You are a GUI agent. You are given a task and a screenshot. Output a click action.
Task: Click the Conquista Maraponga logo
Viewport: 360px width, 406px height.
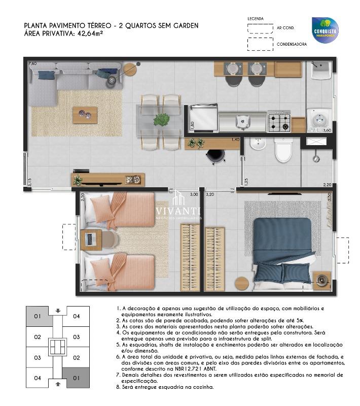point(325,30)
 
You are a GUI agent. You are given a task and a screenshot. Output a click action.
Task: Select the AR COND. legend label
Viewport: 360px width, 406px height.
point(285,28)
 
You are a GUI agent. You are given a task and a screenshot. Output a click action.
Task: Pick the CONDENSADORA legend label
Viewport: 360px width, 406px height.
point(292,45)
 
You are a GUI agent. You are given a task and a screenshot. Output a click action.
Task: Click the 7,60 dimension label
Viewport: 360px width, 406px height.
point(32,64)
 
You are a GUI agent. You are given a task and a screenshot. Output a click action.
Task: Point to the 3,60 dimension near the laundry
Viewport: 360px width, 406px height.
point(327,130)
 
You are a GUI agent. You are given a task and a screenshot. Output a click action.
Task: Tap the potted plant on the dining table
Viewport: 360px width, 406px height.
point(162,120)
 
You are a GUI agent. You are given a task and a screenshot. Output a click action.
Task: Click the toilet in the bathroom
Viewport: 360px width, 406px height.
point(283,150)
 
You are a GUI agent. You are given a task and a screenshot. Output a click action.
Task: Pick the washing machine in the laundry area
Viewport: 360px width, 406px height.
point(319,120)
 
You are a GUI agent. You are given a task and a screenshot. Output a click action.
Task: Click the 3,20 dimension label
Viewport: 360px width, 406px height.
point(210,194)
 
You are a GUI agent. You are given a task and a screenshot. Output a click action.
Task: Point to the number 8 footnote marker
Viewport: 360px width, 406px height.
point(118,387)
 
